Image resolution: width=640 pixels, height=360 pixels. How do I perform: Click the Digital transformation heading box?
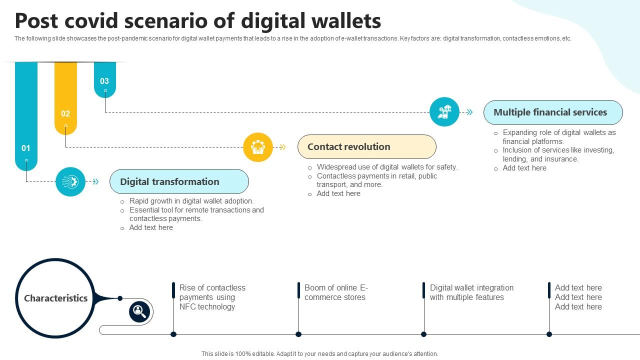coord(179,181)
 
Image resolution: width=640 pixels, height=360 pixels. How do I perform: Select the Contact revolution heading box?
coord(366,147)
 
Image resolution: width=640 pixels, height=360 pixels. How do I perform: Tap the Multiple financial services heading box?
coord(552,112)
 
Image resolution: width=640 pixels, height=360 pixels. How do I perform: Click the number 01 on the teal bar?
coord(26,148)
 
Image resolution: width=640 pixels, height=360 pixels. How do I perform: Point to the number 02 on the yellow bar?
coord(65,113)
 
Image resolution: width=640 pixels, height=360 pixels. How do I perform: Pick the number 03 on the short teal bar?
coord(104,81)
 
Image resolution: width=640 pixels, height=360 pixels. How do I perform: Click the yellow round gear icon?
coord(258,147)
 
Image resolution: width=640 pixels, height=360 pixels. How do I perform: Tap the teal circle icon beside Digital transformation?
coord(70,181)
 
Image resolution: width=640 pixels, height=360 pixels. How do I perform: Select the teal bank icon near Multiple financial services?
coord(444,112)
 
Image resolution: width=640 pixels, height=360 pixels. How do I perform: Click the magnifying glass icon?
coord(139,312)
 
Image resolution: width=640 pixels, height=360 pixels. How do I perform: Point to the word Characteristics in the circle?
coord(56,298)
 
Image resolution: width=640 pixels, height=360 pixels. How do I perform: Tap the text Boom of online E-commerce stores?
coord(335,292)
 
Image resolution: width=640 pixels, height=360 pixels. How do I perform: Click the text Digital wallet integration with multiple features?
coord(471,292)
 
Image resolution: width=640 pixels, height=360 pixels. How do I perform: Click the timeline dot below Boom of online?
coord(298,334)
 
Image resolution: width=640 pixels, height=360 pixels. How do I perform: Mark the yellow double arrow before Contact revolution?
coord(282,147)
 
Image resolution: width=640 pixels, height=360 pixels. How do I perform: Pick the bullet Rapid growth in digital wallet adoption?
coord(191,201)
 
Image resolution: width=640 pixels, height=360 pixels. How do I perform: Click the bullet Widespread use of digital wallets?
coord(387,167)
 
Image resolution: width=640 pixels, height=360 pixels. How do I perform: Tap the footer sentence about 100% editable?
coord(319,353)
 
